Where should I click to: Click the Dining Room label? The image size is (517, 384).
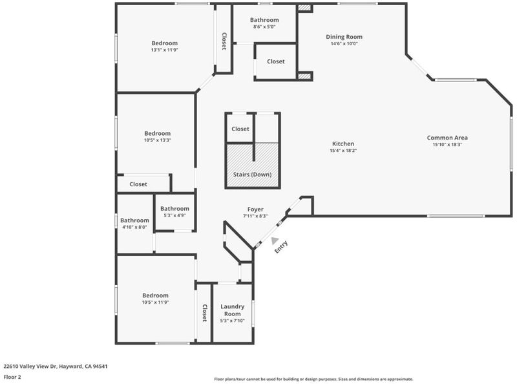(344, 37)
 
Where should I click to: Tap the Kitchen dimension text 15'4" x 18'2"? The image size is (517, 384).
(343, 151)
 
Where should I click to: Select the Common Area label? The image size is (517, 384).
(447, 138)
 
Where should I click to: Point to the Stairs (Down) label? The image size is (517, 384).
(252, 174)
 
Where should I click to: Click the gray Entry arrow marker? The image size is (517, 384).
(274, 241)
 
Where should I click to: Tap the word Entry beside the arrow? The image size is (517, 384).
(281, 247)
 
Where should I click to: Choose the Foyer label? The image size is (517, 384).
(255, 209)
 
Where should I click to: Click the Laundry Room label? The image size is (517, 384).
(232, 310)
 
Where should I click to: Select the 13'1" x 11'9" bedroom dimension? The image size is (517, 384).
(165, 50)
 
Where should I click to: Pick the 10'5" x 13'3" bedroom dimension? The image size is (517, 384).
(157, 140)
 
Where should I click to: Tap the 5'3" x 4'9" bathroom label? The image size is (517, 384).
(174, 215)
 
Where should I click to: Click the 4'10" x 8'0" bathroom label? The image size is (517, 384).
(134, 227)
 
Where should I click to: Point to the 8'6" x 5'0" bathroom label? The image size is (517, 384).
(264, 27)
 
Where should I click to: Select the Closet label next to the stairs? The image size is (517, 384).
(240, 129)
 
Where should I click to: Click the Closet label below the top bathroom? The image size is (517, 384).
(276, 61)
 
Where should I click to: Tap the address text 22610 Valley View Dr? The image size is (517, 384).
(30, 366)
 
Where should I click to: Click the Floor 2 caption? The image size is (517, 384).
(12, 377)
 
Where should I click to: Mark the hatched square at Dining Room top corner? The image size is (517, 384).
(304, 8)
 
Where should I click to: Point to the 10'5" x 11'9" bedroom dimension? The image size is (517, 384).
(155, 302)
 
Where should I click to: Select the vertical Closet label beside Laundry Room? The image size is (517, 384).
(204, 313)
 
